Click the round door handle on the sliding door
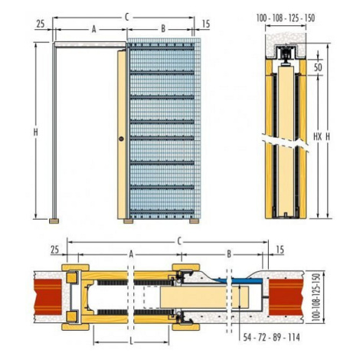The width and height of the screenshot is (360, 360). coord(121,139)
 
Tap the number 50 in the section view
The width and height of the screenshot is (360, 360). coord(318,67)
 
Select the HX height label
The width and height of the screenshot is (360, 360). coord(318,137)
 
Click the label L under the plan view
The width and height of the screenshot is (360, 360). coord(131,342)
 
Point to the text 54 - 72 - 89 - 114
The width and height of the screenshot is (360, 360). coord(271,338)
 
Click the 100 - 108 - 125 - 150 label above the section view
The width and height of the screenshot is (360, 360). coord(286,18)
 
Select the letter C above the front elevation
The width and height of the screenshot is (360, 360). coord(126,17)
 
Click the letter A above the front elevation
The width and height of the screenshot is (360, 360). coord(94,29)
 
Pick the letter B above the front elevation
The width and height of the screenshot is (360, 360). coord(163,29)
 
